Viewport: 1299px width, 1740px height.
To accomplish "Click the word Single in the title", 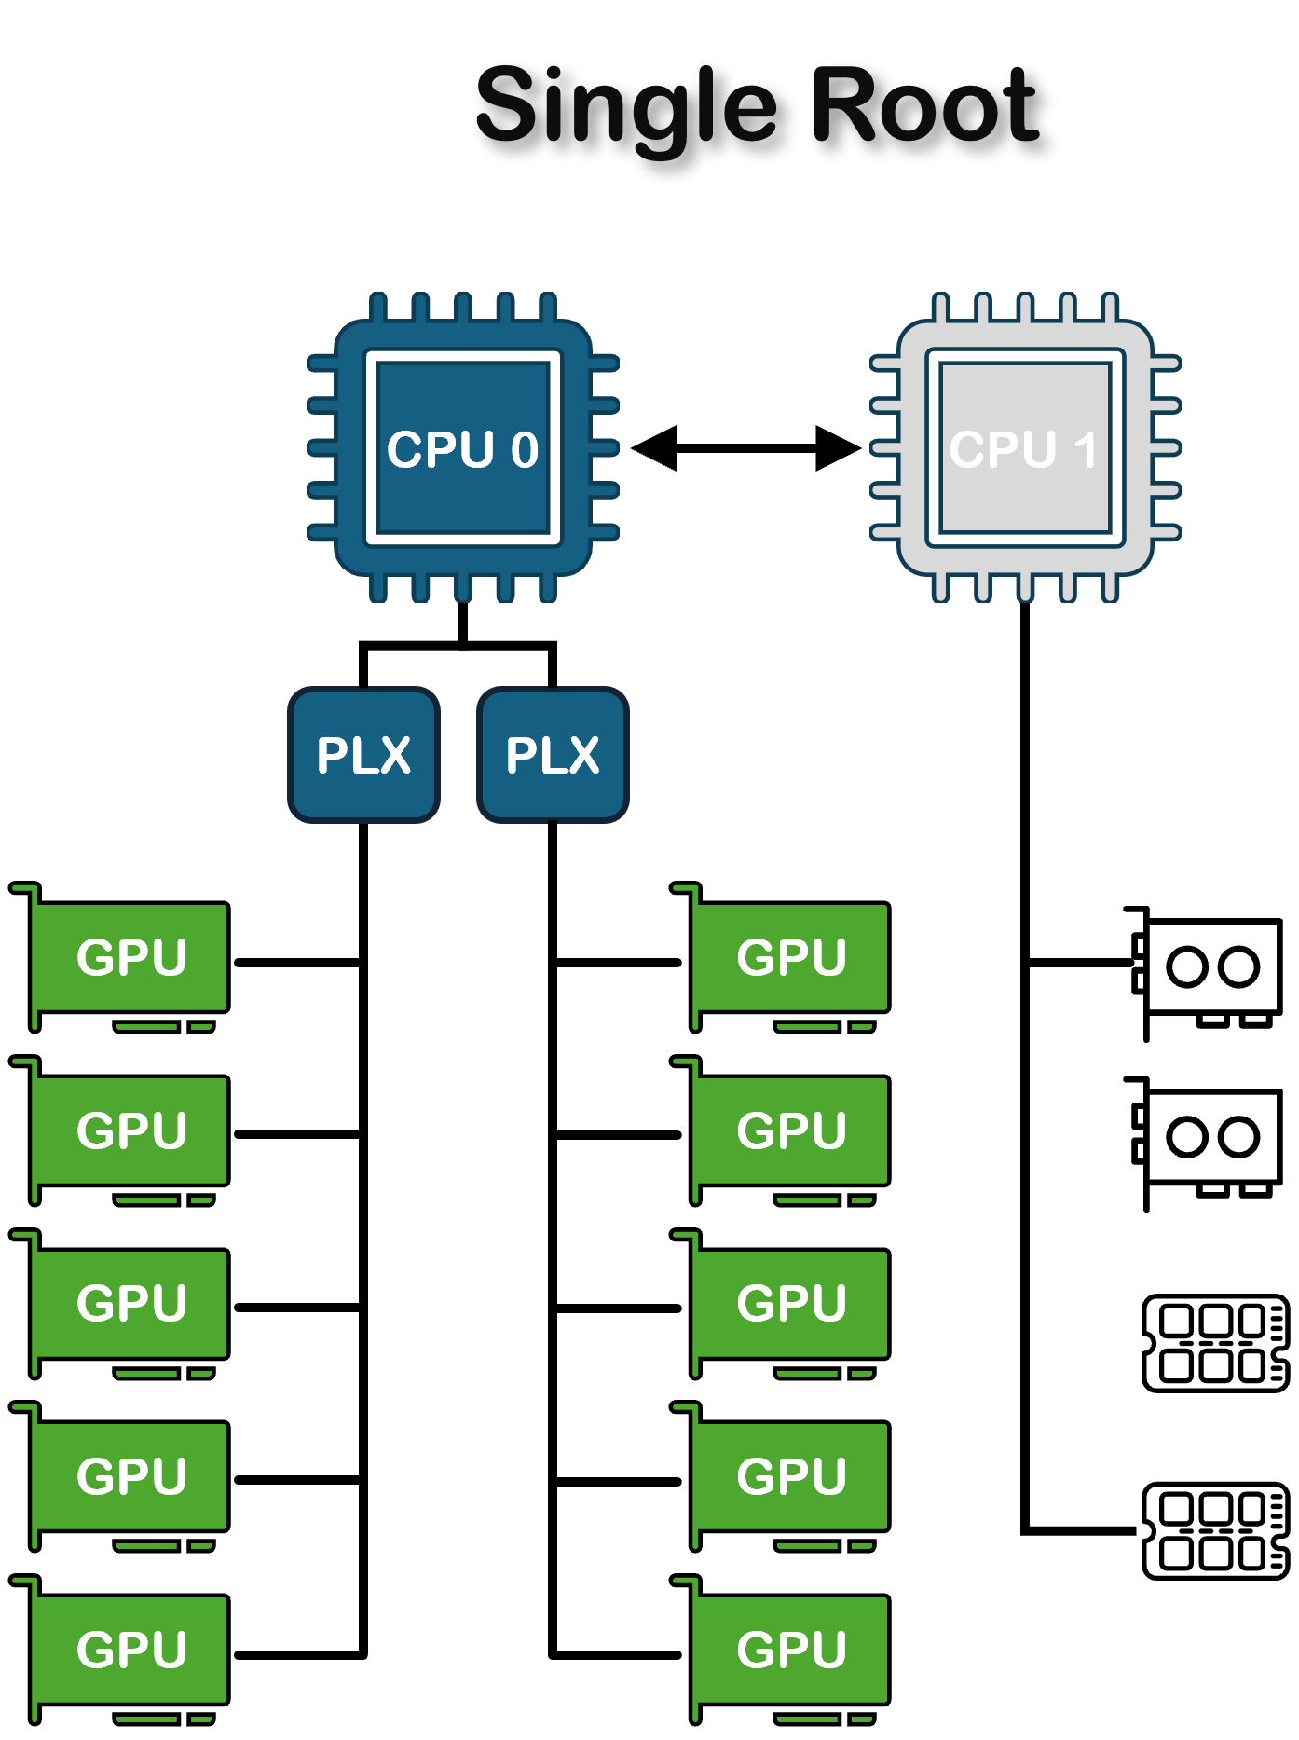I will (625, 104).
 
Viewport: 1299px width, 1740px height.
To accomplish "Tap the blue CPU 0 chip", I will (463, 448).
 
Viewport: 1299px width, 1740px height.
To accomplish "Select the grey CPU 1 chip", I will (1025, 448).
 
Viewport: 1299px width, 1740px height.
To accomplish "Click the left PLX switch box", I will (363, 755).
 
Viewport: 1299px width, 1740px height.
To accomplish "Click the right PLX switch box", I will (553, 755).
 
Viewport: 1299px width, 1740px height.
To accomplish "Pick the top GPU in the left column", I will (130, 957).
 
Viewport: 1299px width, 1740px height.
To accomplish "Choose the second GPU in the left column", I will (130, 1130).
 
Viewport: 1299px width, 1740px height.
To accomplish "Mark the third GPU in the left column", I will (130, 1303).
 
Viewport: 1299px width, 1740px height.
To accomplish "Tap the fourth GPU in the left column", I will (130, 1476).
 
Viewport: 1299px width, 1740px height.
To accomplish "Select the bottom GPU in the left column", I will (130, 1650).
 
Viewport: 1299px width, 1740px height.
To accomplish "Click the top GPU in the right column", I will (791, 957).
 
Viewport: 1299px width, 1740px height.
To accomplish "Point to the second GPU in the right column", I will (791, 1130).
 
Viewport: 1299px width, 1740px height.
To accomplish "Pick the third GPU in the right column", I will (791, 1303).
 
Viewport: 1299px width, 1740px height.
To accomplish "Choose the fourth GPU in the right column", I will (791, 1476).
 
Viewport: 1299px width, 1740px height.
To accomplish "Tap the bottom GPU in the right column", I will (791, 1650).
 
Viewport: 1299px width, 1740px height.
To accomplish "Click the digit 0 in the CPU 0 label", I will (525, 450).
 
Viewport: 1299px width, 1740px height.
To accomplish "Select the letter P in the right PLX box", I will (520, 755).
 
